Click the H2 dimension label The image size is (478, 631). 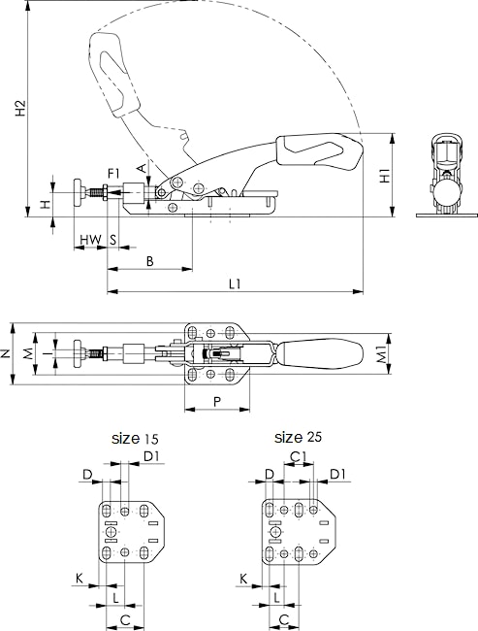[21, 109]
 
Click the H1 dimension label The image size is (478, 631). [385, 176]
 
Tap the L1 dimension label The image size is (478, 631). [236, 284]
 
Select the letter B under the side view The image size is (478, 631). [149, 261]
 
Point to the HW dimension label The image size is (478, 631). [90, 240]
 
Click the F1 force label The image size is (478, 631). [113, 174]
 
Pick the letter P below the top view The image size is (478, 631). [217, 402]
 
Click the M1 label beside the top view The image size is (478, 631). [383, 354]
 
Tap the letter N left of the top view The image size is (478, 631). [5, 353]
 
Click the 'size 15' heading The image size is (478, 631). [135, 438]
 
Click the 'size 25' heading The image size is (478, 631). [298, 437]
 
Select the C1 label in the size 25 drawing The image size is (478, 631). [299, 456]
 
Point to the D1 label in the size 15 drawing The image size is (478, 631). [151, 456]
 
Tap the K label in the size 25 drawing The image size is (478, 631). [243, 580]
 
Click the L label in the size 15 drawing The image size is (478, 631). [115, 598]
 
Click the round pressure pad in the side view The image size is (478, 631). [78, 193]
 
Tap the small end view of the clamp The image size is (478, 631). [446, 176]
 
